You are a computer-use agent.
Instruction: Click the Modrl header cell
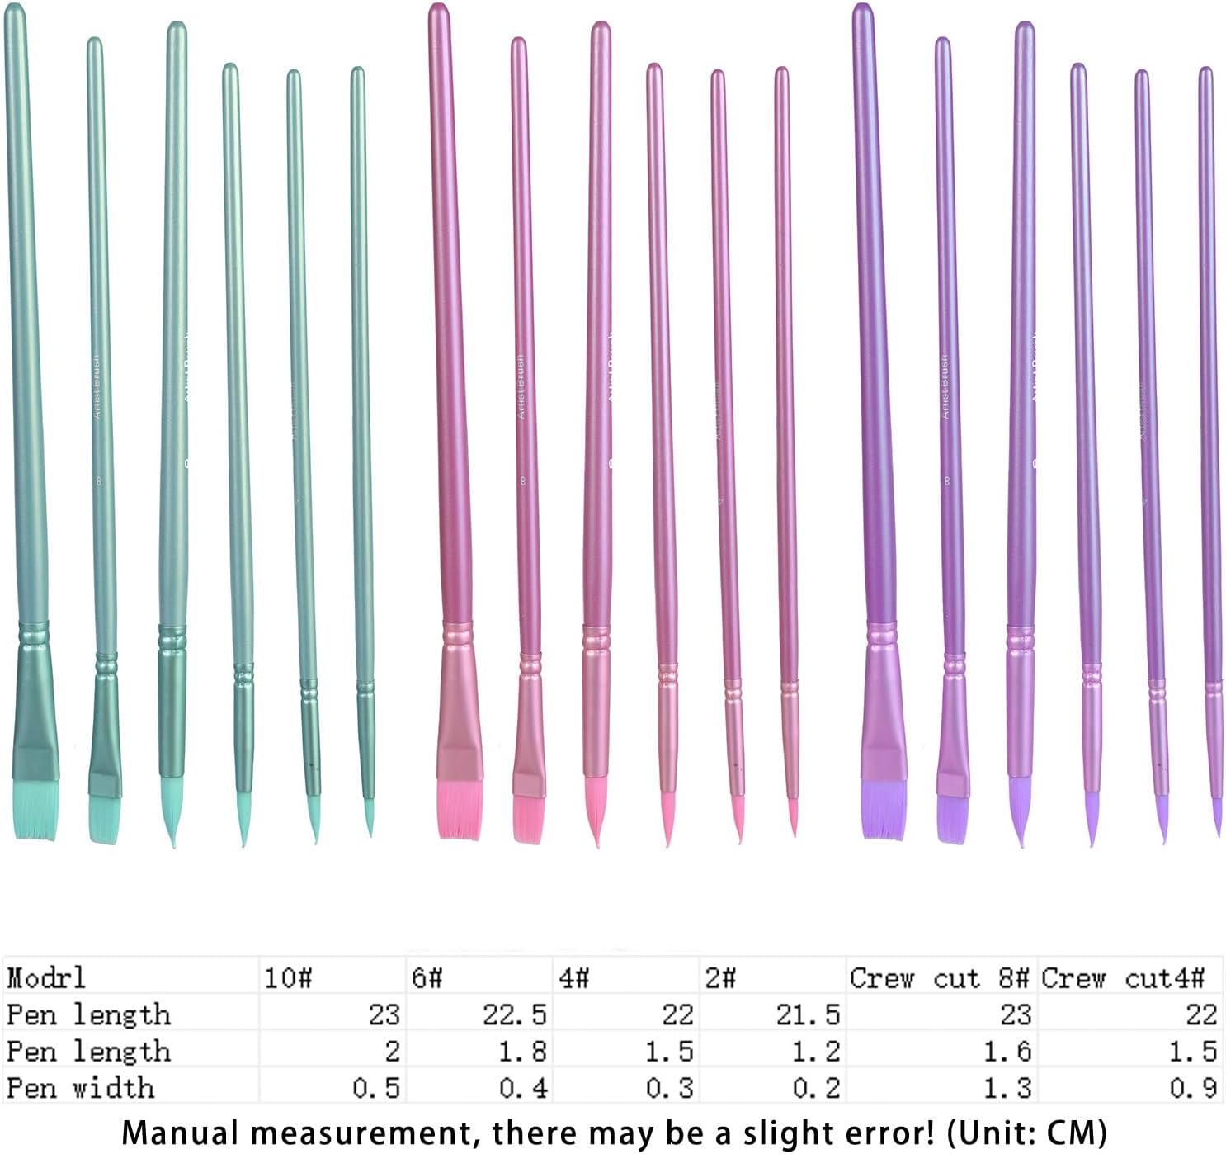click(x=46, y=977)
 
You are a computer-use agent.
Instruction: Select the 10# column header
click(x=288, y=977)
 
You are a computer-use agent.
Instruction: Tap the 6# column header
click(x=427, y=977)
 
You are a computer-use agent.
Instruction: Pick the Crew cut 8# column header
click(x=940, y=977)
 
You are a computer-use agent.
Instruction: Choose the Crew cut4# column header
click(x=1122, y=977)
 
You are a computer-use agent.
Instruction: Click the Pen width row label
click(x=80, y=1087)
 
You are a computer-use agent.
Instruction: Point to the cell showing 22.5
click(x=514, y=1014)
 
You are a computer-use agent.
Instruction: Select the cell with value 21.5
click(x=807, y=1014)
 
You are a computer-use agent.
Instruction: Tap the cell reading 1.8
click(x=522, y=1051)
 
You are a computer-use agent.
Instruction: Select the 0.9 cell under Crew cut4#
click(x=1192, y=1087)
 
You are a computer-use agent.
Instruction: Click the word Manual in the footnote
click(x=170, y=1133)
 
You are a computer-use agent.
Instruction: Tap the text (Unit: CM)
click(x=1026, y=1133)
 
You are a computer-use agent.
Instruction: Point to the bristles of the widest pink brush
click(x=459, y=810)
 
